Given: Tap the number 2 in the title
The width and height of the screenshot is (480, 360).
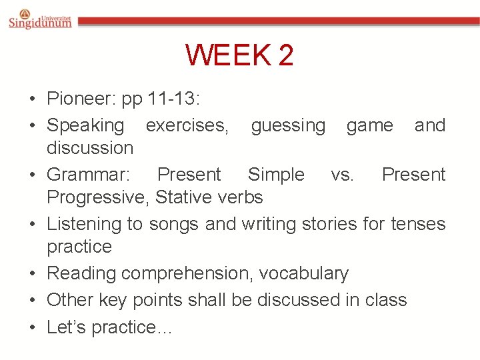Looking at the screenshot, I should pos(285,55).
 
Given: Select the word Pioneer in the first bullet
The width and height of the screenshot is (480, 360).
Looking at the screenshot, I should pos(78,99).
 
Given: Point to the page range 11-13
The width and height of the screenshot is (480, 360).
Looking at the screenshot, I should pos(174,99).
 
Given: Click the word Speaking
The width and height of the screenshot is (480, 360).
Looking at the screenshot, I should pos(85,126).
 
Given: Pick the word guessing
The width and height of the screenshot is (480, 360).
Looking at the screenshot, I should pos(288,125).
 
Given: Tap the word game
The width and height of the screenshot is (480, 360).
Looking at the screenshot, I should pos(369,125).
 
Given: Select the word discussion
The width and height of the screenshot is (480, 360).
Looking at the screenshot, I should pos(90,147).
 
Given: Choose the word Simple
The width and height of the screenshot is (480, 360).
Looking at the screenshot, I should pos(276,175).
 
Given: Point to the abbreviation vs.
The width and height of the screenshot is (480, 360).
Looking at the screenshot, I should pos(343,175).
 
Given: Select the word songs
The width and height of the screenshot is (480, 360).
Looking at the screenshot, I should pos(175,224).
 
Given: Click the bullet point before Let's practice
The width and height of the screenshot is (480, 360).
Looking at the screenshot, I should pos(33,327).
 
